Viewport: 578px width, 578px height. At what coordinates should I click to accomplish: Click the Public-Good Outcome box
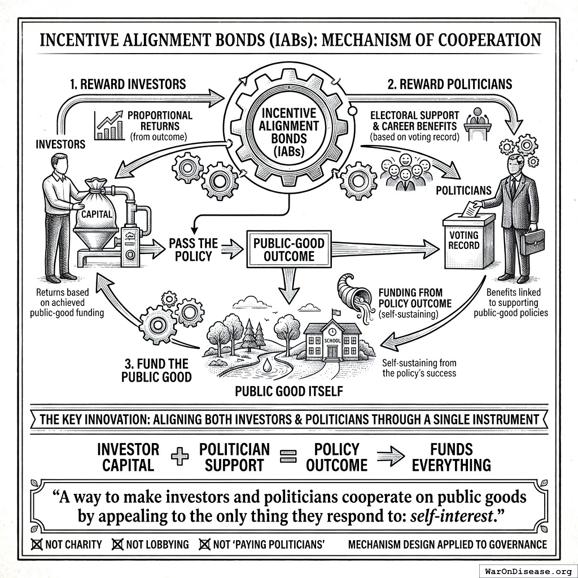(289, 251)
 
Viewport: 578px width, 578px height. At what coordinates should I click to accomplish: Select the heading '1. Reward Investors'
(128, 84)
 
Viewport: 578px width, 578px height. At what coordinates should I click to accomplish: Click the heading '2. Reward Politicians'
(450, 84)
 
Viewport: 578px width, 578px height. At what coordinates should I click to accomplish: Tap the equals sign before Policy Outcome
(289, 457)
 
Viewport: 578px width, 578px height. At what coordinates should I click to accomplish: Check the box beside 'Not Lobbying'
(118, 545)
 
